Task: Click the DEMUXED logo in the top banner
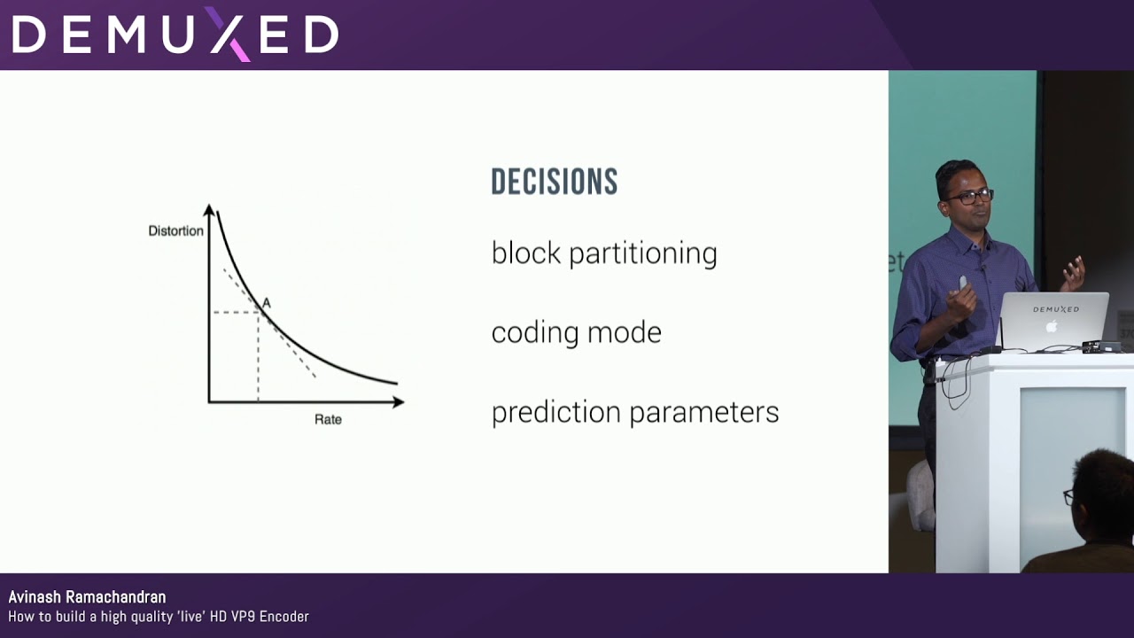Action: click(175, 35)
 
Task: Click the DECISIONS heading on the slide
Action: click(554, 182)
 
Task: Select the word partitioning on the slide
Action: click(642, 254)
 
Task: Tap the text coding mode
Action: click(576, 333)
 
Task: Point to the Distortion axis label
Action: click(175, 231)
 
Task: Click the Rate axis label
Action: click(328, 419)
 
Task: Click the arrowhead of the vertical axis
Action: click(209, 210)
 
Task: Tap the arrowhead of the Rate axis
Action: click(399, 402)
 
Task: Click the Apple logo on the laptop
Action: click(1052, 326)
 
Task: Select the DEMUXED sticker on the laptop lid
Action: click(1055, 309)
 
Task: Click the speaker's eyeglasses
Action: click(968, 196)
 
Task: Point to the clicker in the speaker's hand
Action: click(963, 284)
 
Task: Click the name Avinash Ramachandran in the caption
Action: click(87, 597)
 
